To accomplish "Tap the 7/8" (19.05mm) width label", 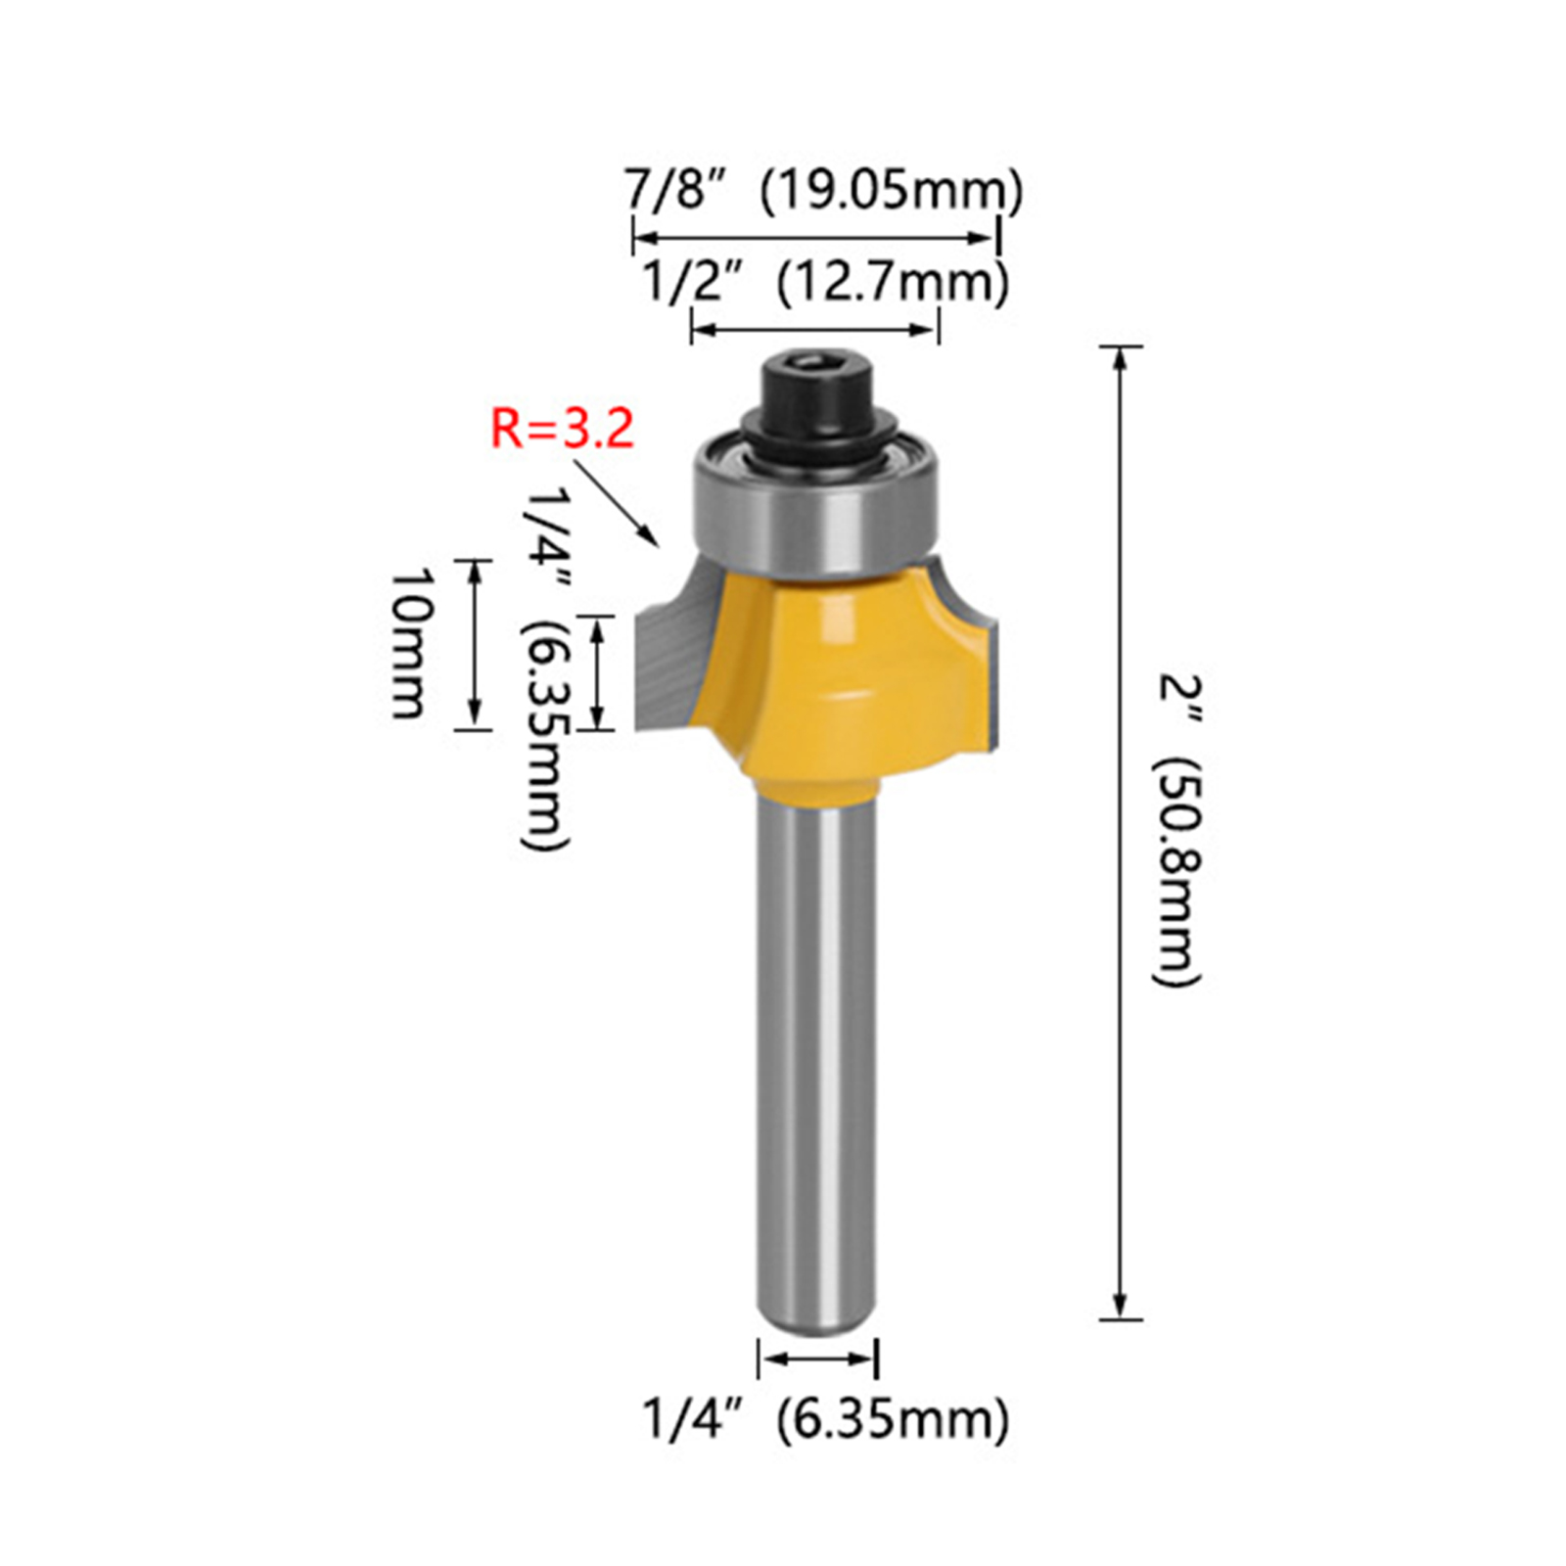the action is pyautogui.click(x=824, y=191).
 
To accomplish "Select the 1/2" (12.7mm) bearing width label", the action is pyautogui.click(x=825, y=283).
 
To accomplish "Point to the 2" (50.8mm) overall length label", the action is pyautogui.click(x=1178, y=830).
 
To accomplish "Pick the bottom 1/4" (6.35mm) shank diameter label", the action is pyautogui.click(x=825, y=1419).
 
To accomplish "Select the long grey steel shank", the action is pyautogui.click(x=816, y=1057).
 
